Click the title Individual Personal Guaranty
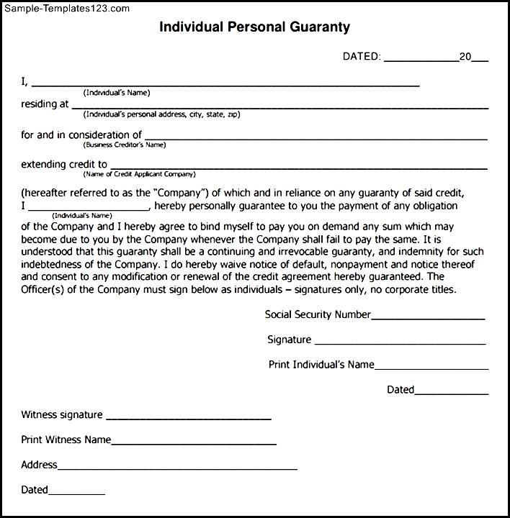[x=254, y=28]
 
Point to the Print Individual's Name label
[x=321, y=365]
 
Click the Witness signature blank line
[x=188, y=418]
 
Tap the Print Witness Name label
[x=66, y=440]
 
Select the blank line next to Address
[x=177, y=468]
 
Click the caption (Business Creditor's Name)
[x=125, y=145]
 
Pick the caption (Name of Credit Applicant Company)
[x=139, y=174]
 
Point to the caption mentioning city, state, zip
[x=161, y=114]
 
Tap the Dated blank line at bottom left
[x=76, y=493]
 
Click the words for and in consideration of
[x=81, y=135]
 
